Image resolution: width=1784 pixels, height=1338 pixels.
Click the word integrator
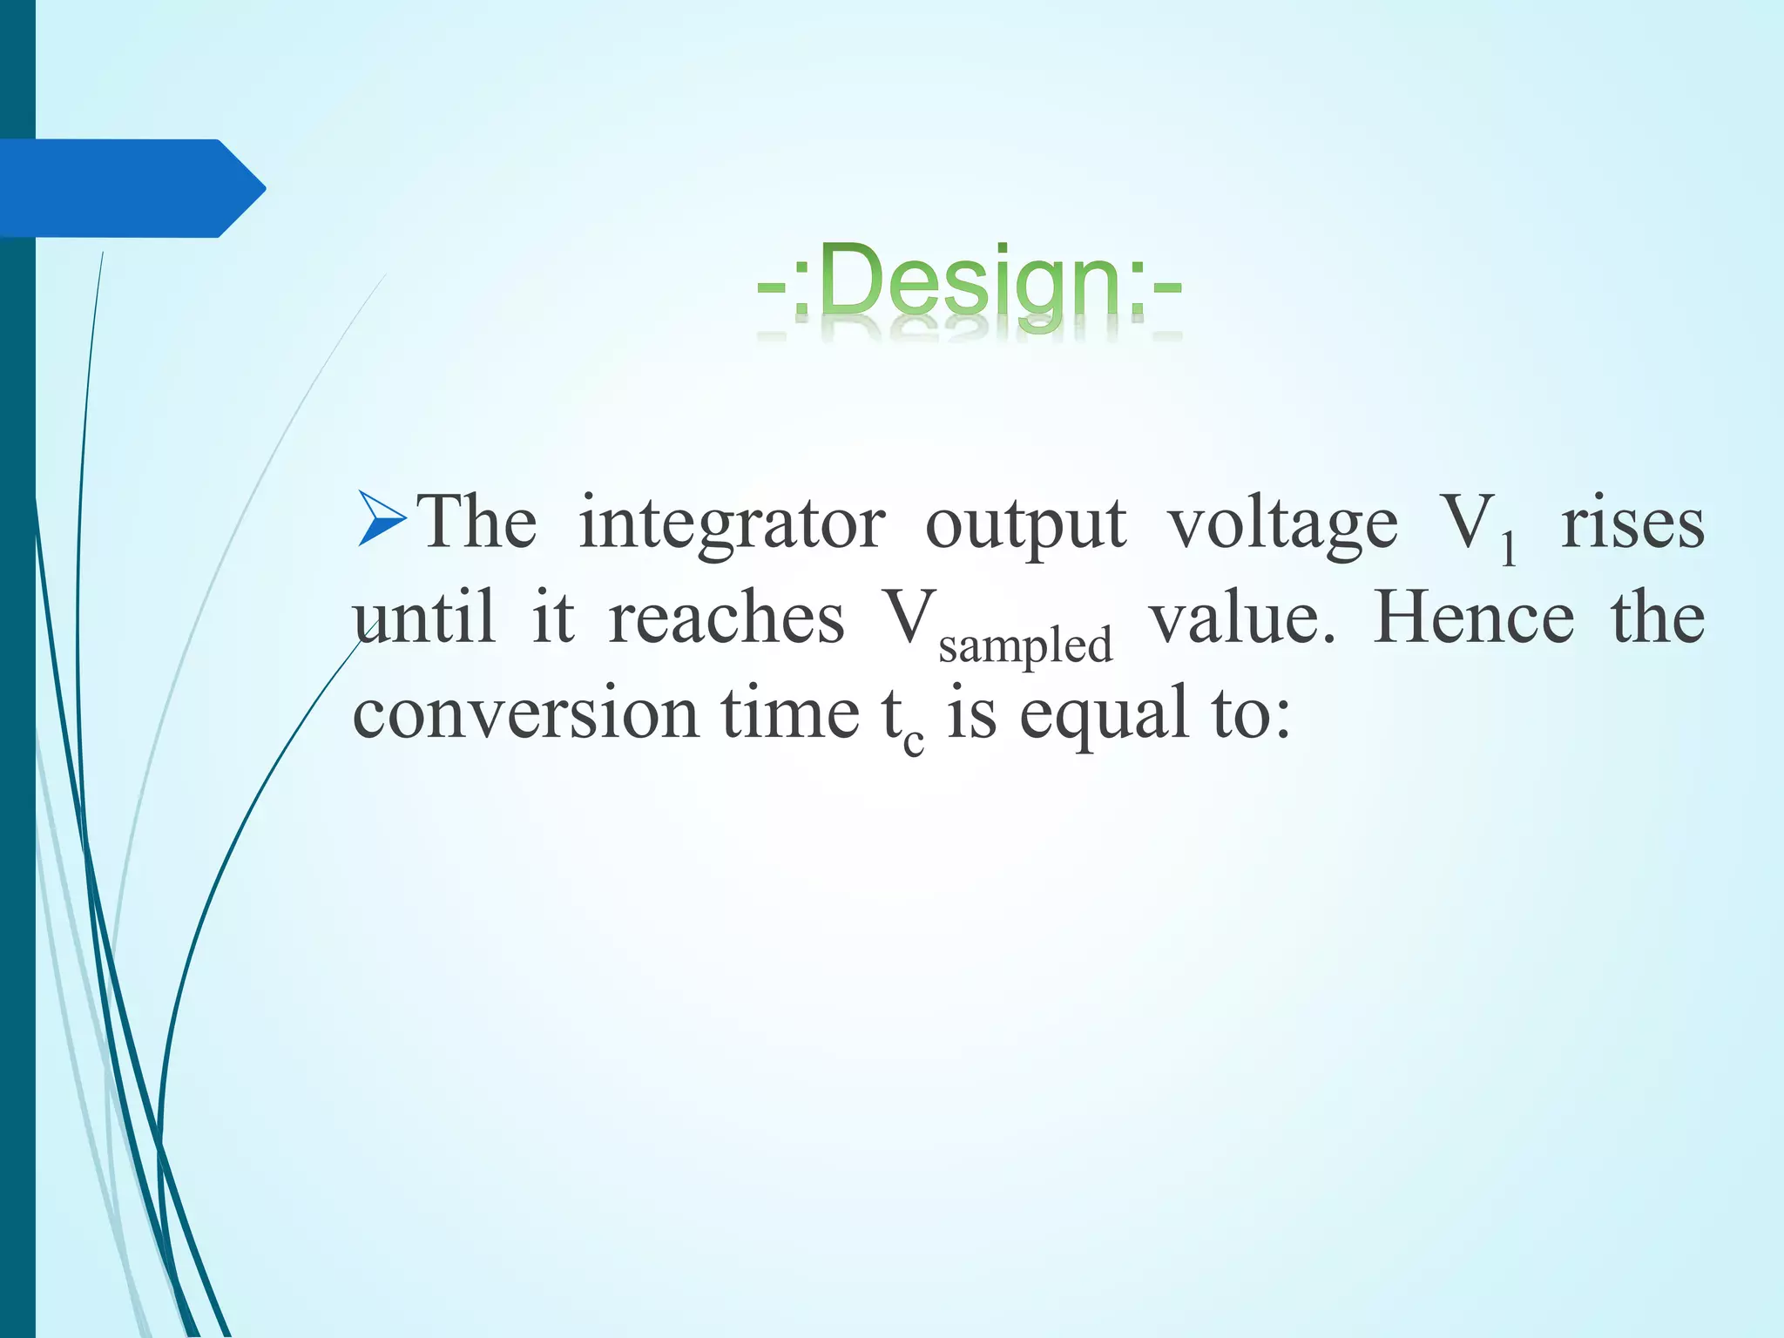(x=732, y=524)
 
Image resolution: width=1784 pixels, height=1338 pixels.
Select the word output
(x=1025, y=524)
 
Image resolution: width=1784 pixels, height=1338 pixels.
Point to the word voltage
(x=1282, y=524)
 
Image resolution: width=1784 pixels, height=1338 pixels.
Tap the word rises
(x=1632, y=524)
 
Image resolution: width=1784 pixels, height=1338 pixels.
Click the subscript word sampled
(x=1025, y=645)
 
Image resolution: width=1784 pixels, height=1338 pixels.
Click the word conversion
(x=525, y=713)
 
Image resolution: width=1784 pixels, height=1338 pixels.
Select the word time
(x=790, y=713)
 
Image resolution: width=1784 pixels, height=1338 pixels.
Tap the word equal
(x=1104, y=713)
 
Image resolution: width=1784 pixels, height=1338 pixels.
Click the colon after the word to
(x=1281, y=720)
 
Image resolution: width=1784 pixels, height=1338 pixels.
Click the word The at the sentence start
(x=476, y=524)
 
